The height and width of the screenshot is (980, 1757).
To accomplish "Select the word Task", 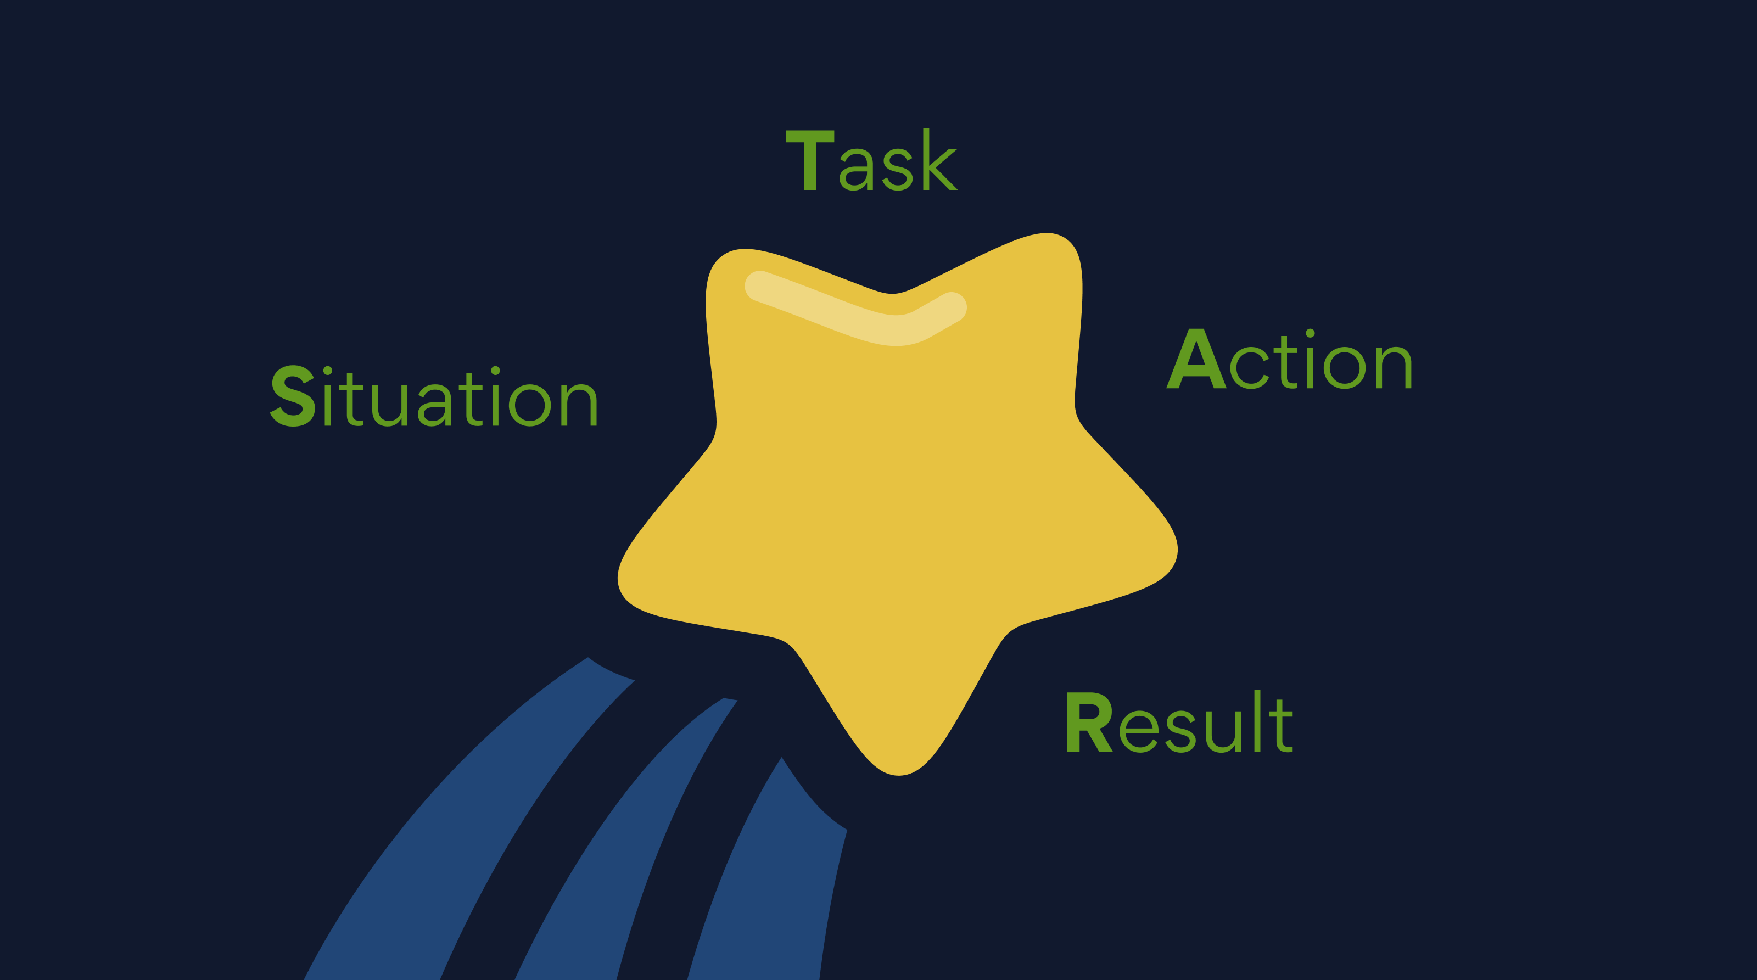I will pyautogui.click(x=872, y=160).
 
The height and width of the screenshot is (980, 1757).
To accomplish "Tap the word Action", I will pyautogui.click(x=1289, y=360).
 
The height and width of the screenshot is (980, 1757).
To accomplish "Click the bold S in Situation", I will pyautogui.click(x=293, y=397).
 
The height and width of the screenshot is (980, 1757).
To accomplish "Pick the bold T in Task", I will pyautogui.click(x=810, y=160).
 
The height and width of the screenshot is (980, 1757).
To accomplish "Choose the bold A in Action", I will pyautogui.click(x=1196, y=360).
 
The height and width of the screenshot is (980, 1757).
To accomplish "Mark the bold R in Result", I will pyautogui.click(x=1089, y=723).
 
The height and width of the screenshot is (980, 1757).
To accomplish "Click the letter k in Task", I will pyautogui.click(x=939, y=160).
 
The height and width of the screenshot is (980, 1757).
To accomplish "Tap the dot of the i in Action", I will pyautogui.click(x=1310, y=333).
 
